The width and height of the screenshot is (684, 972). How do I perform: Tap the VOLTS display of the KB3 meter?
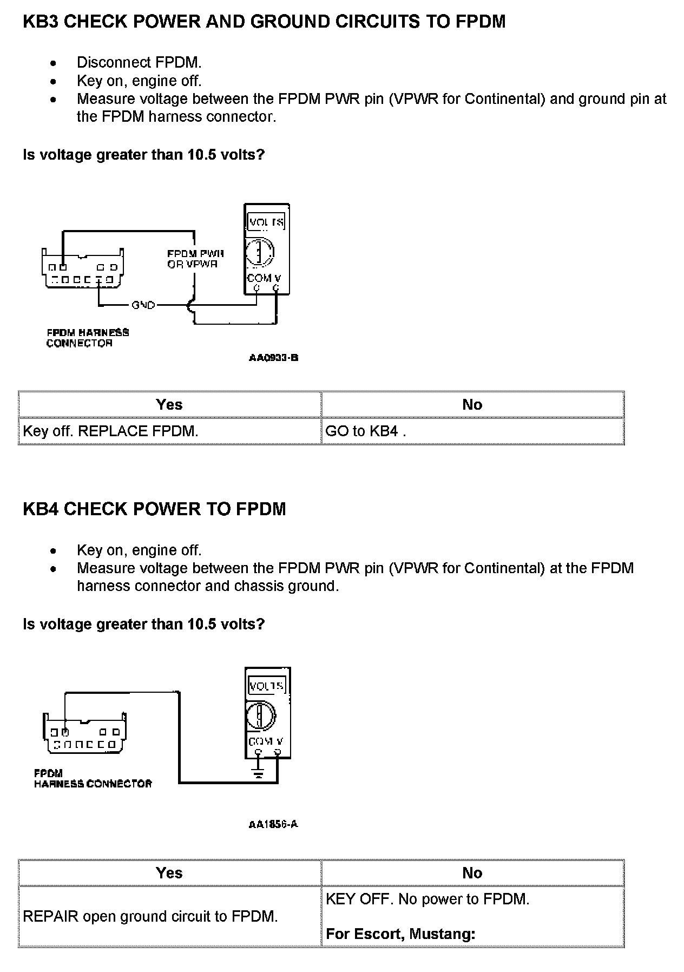click(x=266, y=222)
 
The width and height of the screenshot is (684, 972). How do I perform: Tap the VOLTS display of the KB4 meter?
click(x=266, y=686)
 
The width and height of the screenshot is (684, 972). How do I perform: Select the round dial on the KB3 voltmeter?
click(x=260, y=252)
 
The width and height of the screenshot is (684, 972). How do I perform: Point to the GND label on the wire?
click(x=143, y=305)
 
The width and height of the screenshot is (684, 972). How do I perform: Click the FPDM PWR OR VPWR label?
click(x=195, y=259)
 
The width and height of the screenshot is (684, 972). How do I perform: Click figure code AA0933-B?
click(x=274, y=358)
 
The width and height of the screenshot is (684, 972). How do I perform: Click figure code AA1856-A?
click(x=273, y=824)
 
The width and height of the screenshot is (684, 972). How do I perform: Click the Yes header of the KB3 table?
click(x=169, y=404)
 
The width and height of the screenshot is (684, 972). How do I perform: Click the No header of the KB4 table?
click(x=472, y=873)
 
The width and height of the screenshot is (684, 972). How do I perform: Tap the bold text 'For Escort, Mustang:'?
click(x=400, y=934)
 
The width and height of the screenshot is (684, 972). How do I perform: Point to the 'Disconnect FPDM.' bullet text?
click(x=139, y=63)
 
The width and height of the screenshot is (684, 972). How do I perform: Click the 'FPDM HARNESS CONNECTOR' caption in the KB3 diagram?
click(x=87, y=338)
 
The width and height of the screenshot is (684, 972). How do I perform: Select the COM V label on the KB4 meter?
click(x=265, y=741)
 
